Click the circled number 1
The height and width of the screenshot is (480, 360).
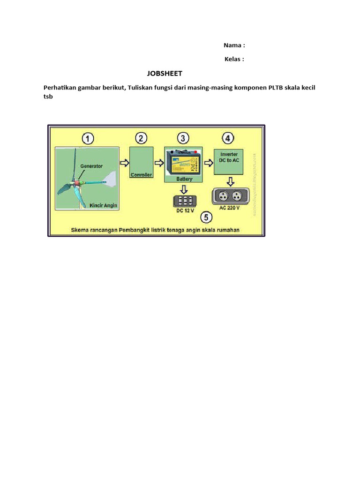88,139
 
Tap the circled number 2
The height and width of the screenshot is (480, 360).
141,138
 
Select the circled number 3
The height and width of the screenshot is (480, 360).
184,138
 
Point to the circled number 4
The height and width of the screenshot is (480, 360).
227,138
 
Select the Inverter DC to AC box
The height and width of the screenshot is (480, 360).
229,162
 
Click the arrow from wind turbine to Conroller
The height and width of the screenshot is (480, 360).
124,163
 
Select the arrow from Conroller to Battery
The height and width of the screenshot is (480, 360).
159,163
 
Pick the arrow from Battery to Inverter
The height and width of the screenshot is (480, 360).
208,163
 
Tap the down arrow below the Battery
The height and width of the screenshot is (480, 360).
184,189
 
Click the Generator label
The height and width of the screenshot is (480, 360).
91,166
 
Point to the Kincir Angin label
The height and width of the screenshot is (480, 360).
104,205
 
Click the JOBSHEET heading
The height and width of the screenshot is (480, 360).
164,74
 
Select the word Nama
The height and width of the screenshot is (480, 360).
232,45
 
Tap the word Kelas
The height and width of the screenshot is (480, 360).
233,59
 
